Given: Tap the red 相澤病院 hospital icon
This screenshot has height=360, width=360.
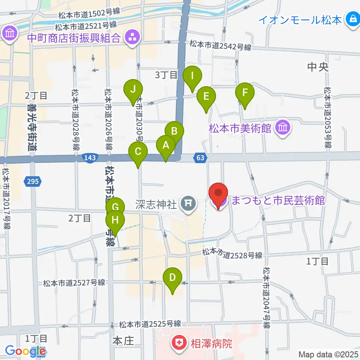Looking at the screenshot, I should (x=179, y=343).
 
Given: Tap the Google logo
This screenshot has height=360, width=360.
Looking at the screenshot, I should (x=25, y=351).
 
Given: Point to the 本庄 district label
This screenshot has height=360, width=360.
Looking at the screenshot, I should (x=123, y=341).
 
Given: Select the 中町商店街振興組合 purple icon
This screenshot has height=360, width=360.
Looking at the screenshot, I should (x=132, y=37).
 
